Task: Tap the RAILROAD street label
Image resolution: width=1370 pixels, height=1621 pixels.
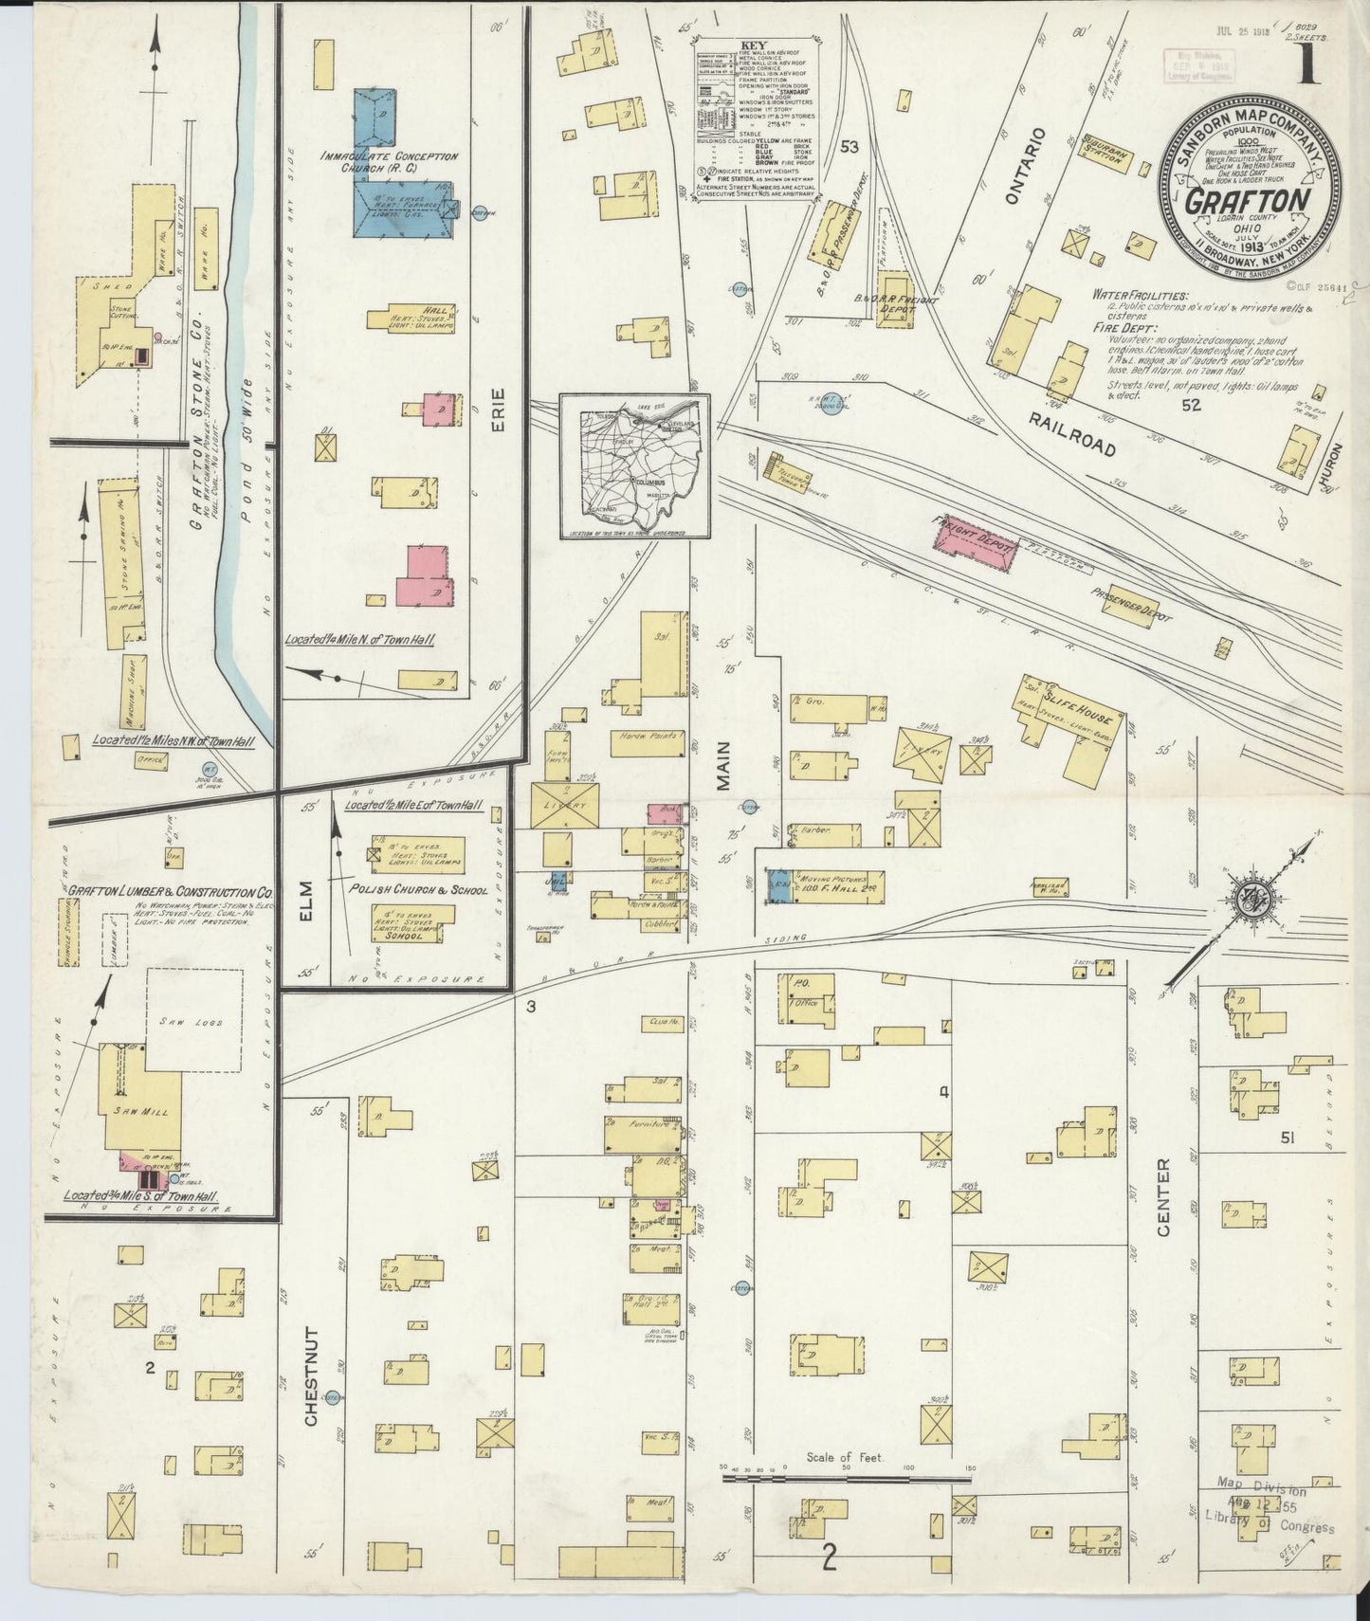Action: point(1072,431)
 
